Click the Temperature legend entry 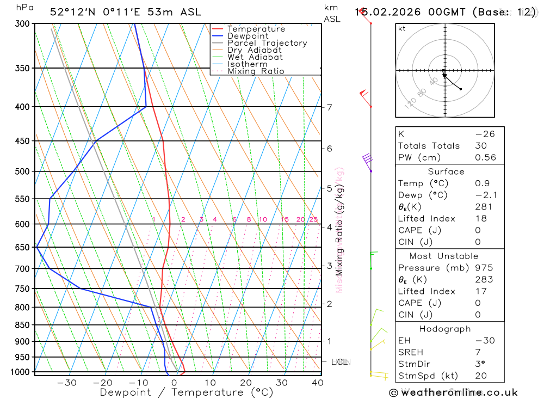pos(256,29)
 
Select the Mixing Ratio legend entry pos(256,71)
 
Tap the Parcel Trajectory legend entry pos(267,43)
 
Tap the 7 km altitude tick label pos(330,107)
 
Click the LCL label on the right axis pos(339,361)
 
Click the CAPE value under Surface pos(478,230)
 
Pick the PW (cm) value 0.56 pos(485,157)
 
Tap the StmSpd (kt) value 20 pos(481,376)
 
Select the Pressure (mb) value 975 pos(484,268)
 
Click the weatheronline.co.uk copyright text pos(454,392)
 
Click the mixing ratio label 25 pos(313,219)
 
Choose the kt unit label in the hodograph pos(401,28)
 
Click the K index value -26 pos(485,134)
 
